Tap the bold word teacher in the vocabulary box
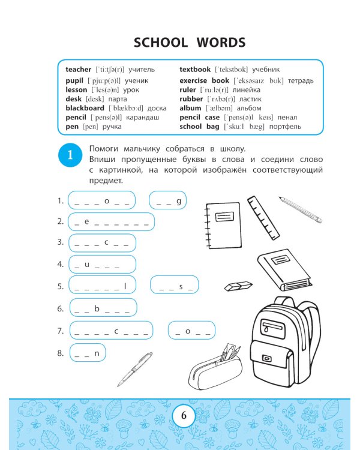(78, 70)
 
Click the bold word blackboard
(85, 108)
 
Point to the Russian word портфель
(285, 127)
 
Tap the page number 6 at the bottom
(184, 416)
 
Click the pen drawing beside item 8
(136, 368)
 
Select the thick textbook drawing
(284, 269)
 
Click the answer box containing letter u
(94, 264)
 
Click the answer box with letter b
(101, 308)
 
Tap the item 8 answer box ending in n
(88, 353)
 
